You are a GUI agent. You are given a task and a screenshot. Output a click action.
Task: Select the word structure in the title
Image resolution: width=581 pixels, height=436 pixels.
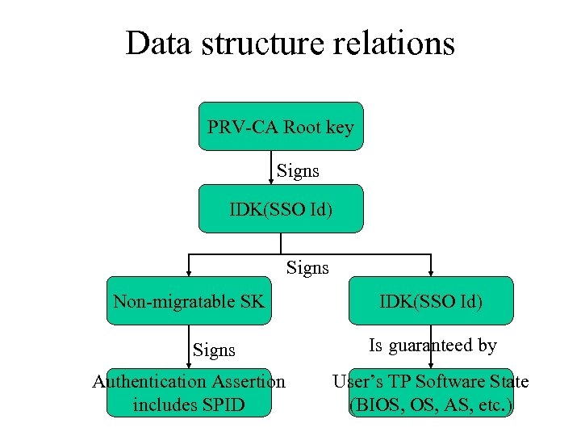point(261,44)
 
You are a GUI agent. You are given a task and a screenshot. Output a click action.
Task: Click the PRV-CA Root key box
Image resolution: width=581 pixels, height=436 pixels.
point(281,126)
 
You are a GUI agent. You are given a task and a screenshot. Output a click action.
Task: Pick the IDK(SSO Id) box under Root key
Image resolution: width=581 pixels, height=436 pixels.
point(281,209)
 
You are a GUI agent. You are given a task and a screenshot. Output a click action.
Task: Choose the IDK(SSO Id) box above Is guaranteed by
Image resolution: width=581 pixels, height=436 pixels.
point(431,301)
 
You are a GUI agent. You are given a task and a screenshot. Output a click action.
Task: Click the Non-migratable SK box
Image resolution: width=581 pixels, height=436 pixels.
point(189,301)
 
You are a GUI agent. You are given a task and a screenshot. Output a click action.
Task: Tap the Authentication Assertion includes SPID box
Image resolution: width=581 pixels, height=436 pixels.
point(189,392)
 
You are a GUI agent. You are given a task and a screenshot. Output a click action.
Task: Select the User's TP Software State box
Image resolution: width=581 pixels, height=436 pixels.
point(431,392)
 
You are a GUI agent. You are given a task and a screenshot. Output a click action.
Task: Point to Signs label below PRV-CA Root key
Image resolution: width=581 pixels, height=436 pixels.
point(298,170)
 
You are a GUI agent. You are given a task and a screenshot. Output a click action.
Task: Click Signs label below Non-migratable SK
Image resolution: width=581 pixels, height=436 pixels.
point(214,350)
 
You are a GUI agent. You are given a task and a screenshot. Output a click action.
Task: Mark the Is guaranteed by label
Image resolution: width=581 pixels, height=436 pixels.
point(433,346)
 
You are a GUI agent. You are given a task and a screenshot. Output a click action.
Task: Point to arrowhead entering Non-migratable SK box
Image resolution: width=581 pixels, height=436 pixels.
point(189,272)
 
